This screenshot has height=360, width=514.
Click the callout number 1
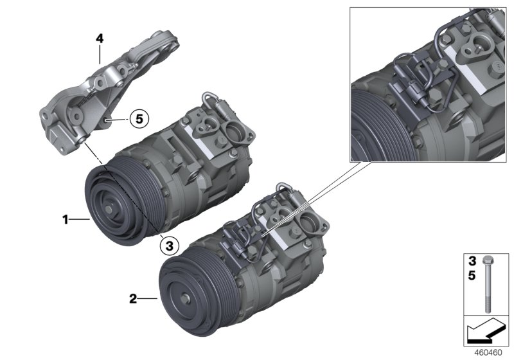(x=65, y=220)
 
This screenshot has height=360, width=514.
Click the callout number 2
(x=133, y=298)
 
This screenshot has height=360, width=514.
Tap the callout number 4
(x=100, y=39)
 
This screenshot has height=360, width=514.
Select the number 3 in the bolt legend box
(x=471, y=262)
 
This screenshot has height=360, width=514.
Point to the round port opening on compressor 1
(x=233, y=137)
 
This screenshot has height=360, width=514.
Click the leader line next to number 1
(x=80, y=220)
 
